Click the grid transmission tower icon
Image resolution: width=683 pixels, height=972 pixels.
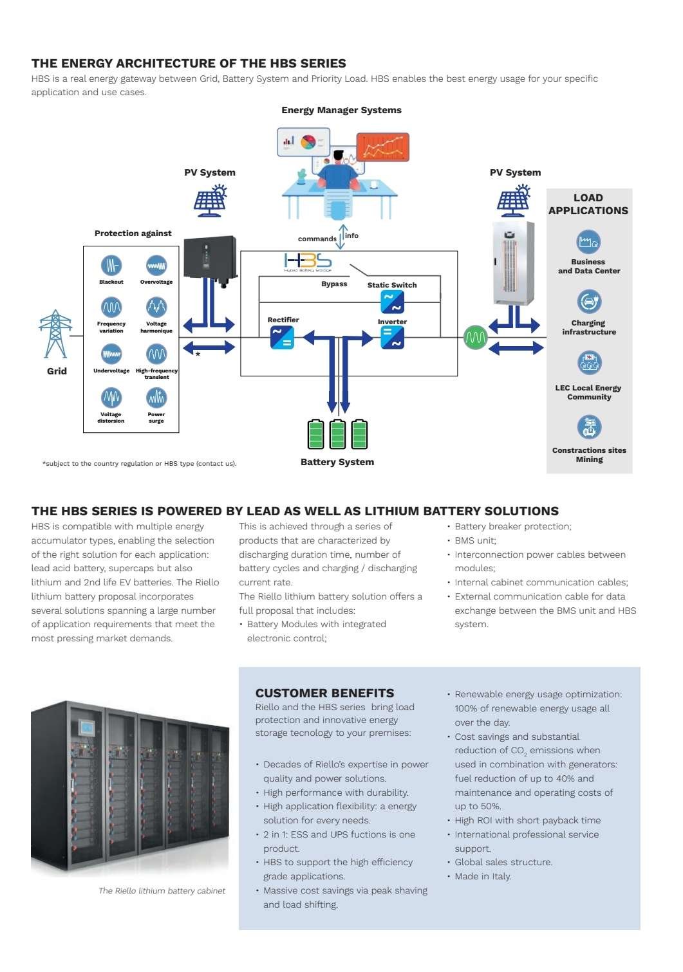click(55, 334)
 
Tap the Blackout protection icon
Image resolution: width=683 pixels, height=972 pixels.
click(111, 265)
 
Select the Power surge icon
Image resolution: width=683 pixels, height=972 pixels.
click(156, 398)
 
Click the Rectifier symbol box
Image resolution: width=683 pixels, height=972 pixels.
click(282, 338)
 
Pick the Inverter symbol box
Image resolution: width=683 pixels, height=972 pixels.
click(392, 338)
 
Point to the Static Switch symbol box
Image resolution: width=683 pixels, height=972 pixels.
click(392, 302)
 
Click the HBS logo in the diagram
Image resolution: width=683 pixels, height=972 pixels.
click(308, 262)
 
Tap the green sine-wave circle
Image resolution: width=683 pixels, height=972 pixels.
click(475, 337)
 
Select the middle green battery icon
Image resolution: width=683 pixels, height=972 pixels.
click(337, 434)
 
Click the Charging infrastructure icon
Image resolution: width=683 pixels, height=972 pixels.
click(589, 301)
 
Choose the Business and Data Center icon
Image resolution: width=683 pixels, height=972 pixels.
click(588, 241)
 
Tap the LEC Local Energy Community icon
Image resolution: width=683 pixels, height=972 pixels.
click(589, 363)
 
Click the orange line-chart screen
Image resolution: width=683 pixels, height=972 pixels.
click(382, 147)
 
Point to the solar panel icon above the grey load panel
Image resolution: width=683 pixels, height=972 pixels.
click(514, 201)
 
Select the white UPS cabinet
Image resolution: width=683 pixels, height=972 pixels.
click(513, 263)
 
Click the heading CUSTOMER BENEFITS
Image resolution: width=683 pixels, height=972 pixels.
click(324, 693)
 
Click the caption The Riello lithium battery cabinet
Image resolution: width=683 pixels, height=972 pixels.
click(162, 890)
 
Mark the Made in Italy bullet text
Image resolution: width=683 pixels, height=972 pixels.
click(483, 876)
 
